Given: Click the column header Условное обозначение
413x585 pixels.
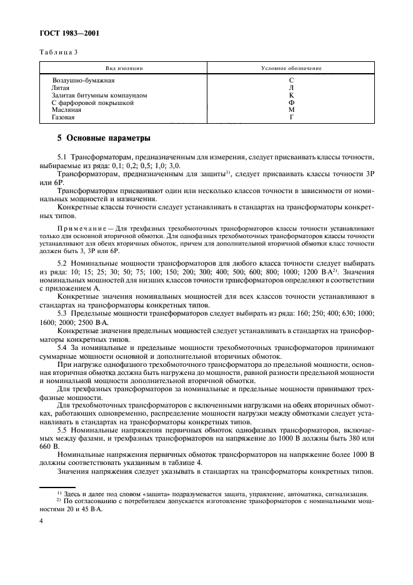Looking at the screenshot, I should click(291, 67).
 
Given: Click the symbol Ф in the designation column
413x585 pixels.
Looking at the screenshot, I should click(291, 102).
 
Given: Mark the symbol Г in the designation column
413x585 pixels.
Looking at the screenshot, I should click(291, 117).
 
